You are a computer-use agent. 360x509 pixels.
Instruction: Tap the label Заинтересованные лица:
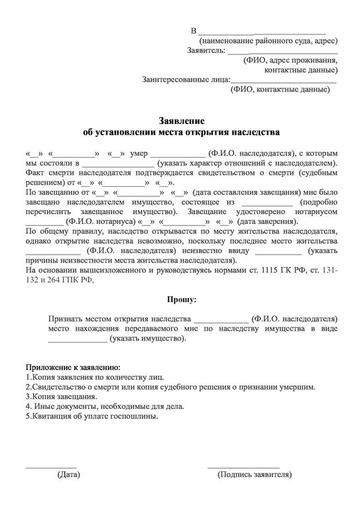186,80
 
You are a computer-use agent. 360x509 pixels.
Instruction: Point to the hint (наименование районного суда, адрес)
264,40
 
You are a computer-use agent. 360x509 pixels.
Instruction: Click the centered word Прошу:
180,300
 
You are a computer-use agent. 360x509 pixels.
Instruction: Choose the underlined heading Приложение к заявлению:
73,367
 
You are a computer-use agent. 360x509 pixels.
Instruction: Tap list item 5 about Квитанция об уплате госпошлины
92,416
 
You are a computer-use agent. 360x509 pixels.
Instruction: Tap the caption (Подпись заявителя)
255,475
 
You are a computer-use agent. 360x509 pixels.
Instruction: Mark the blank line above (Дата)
51,467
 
